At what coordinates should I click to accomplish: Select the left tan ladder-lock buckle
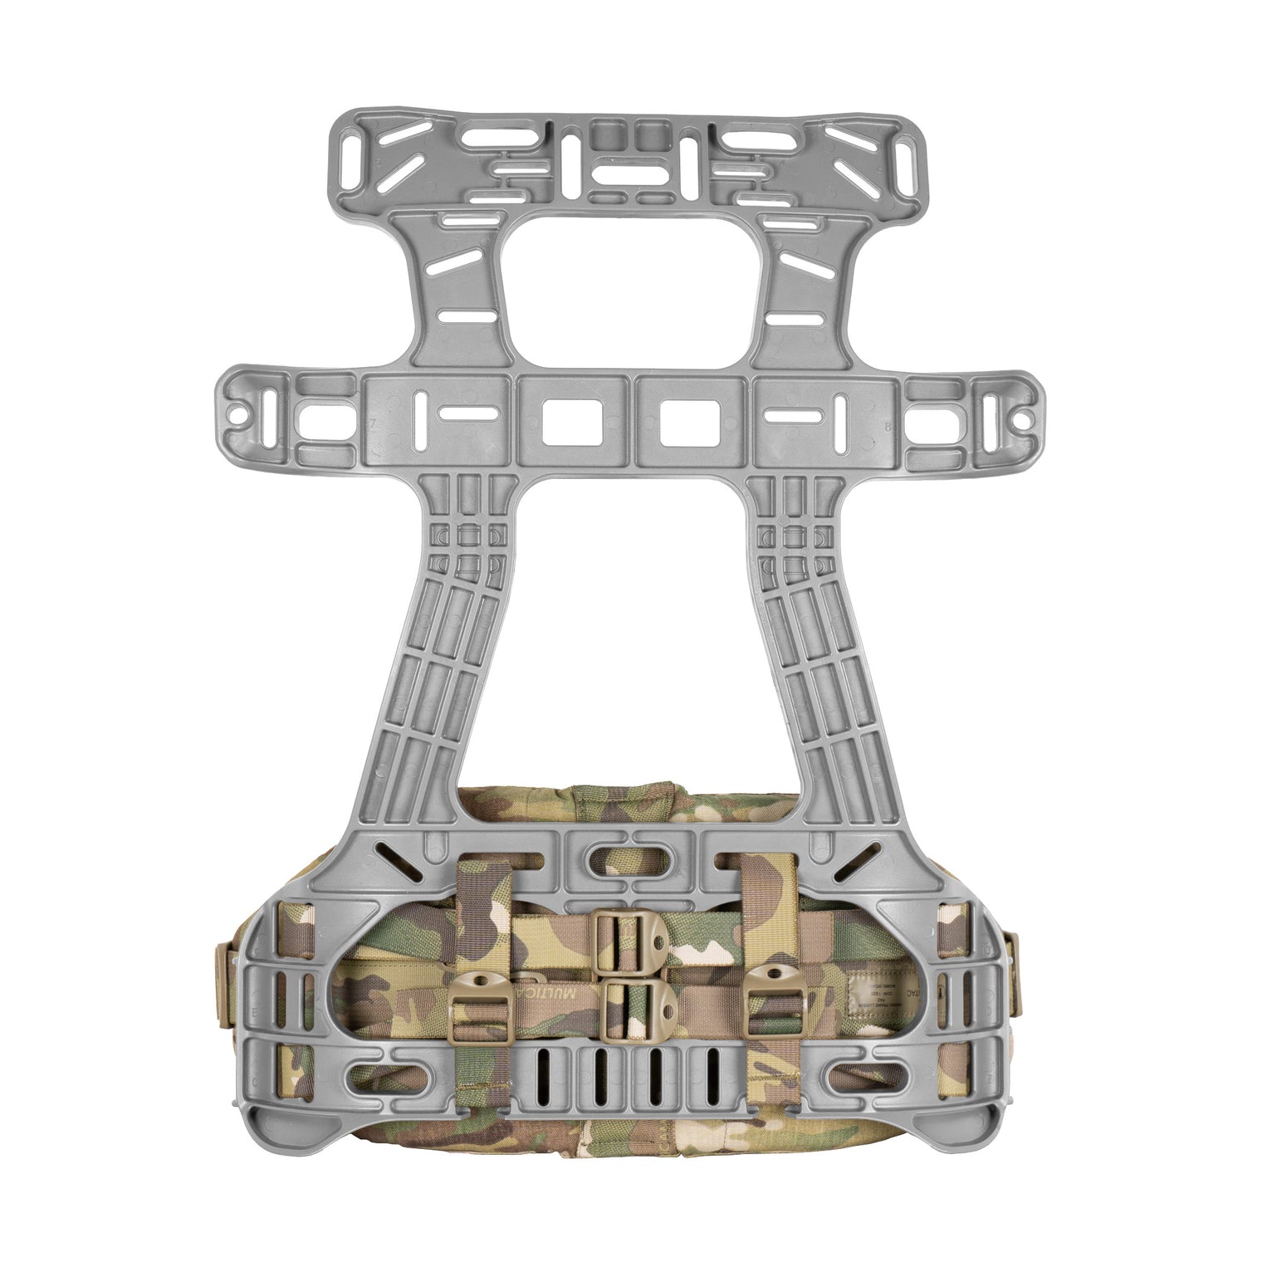(480, 1002)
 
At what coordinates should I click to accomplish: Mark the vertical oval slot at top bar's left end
(358, 158)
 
